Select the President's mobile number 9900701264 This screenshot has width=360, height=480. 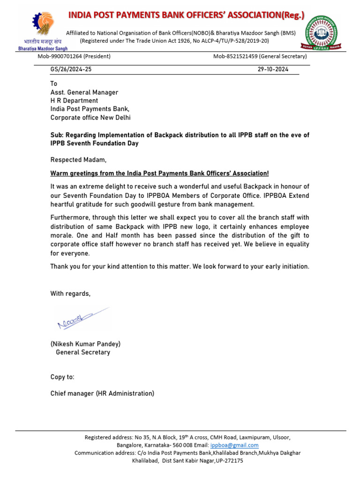tap(60, 56)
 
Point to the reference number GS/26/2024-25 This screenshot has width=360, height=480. tap(72, 69)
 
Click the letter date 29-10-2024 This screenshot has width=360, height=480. tap(273, 69)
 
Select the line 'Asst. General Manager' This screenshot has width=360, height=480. tap(84, 92)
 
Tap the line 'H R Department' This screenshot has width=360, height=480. tap(74, 100)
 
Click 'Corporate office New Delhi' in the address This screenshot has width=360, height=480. tap(90, 117)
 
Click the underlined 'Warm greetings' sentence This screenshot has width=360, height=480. tap(159, 173)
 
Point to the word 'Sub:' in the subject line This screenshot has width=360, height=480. tap(57, 135)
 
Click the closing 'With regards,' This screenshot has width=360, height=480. tap(70, 293)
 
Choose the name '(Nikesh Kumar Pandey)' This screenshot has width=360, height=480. tap(85, 344)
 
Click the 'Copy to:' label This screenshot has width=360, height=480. tap(62, 377)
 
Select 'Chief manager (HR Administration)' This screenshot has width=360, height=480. tap(102, 393)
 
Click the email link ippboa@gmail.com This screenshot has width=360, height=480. tap(240, 445)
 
